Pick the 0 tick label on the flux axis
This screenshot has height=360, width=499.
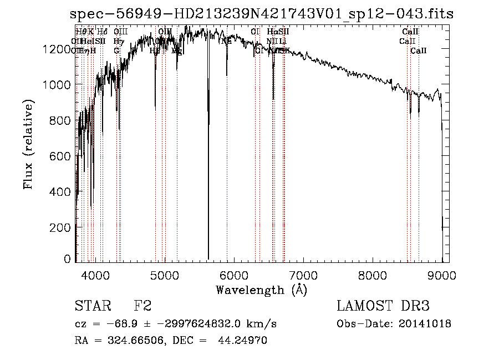tap(68, 259)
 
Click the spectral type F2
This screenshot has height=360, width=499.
tap(142, 306)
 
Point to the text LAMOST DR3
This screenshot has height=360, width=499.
tap(383, 306)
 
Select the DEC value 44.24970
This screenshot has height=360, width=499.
tap(243, 341)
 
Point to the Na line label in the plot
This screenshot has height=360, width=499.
tap(226, 41)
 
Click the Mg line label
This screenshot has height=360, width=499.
tap(177, 50)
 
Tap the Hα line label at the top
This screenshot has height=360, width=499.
tap(272, 32)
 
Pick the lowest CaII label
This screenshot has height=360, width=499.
tap(419, 50)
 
